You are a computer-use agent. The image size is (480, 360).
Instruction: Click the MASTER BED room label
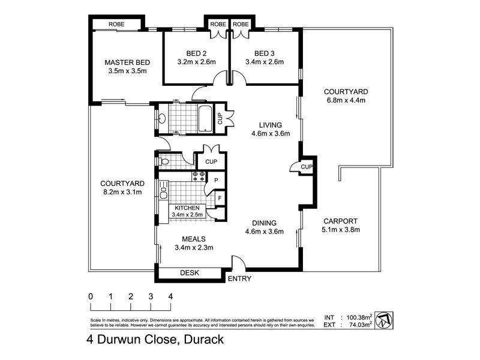click(x=127, y=62)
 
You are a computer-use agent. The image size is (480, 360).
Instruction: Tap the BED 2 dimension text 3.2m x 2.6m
click(x=197, y=62)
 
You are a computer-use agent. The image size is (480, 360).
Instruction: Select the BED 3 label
click(x=265, y=53)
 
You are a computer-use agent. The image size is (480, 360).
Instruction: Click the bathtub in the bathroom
click(x=205, y=119)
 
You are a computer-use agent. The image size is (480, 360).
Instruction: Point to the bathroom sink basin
click(x=162, y=118)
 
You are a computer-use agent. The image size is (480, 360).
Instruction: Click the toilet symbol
click(x=164, y=161)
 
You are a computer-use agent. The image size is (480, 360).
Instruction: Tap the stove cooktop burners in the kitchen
click(x=199, y=176)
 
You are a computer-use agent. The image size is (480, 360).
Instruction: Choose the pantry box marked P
click(x=216, y=181)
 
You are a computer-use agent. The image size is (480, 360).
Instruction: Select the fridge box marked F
click(x=220, y=199)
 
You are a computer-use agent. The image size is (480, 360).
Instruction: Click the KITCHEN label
click(x=187, y=208)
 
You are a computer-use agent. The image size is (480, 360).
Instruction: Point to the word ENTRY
click(x=239, y=278)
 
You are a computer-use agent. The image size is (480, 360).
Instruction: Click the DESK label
click(x=190, y=273)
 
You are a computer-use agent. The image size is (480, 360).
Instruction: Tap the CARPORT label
click(x=340, y=221)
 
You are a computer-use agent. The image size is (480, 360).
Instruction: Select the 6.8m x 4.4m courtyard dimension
click(x=346, y=100)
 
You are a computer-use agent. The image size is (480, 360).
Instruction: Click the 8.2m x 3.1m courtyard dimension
click(x=122, y=192)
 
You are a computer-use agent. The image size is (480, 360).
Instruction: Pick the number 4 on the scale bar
click(x=170, y=296)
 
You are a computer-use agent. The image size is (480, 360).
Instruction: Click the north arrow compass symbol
click(x=384, y=320)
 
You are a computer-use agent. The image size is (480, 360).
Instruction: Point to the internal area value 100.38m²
click(x=359, y=317)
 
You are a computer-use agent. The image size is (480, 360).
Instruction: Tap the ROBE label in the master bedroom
click(x=116, y=24)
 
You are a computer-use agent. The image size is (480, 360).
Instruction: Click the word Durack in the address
click(x=204, y=340)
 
